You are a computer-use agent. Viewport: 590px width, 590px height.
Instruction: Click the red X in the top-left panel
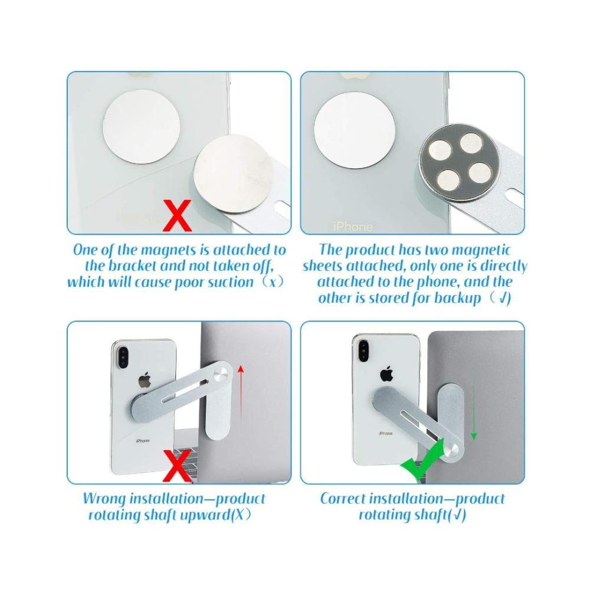[177, 215]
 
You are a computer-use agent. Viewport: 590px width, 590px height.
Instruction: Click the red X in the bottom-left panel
[177, 467]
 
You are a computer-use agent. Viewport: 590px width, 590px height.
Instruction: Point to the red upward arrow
[241, 395]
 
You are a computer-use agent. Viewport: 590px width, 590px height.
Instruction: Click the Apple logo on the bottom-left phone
[143, 379]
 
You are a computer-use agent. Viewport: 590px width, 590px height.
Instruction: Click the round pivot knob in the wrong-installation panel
[220, 375]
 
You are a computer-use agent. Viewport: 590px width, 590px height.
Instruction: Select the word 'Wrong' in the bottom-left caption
[104, 499]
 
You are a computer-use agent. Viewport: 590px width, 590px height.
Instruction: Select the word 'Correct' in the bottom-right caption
[344, 499]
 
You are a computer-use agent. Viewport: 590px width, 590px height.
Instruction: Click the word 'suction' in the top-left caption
[231, 282]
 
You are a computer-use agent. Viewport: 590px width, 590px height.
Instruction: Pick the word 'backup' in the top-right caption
[458, 299]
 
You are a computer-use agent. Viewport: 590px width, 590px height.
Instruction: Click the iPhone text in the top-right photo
[353, 227]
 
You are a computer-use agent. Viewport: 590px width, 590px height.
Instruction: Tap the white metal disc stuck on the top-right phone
[355, 126]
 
